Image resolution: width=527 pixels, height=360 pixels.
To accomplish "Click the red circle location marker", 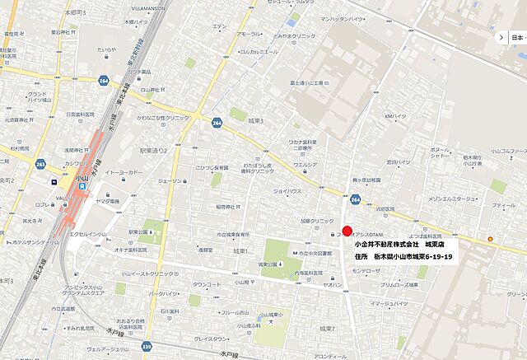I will click(347, 231).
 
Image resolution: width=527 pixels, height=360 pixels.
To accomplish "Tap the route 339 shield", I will click(147, 346).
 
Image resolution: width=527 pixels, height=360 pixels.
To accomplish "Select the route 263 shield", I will click(40, 163).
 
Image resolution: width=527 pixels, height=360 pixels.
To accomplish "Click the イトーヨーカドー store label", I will click(125, 172).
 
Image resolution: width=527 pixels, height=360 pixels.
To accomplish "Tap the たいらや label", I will click(106, 49).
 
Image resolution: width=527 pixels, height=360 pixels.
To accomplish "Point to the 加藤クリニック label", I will click(317, 222).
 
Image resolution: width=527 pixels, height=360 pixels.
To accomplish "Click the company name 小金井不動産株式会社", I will click(386, 245).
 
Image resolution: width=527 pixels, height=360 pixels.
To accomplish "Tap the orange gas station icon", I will click(492, 239).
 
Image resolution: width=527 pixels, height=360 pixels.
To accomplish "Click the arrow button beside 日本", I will click(501, 37).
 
